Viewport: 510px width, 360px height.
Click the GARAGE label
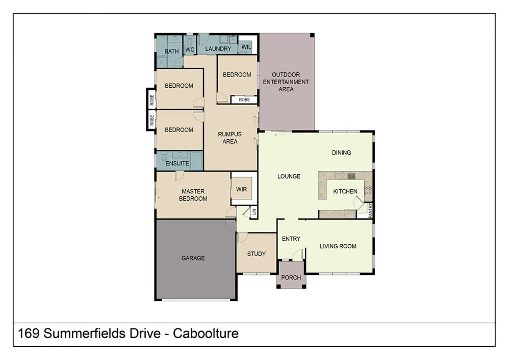(x=193, y=258)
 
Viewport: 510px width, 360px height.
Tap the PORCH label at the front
(x=291, y=278)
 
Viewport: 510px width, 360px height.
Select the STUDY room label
(x=256, y=253)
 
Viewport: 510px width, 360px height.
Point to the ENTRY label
(x=291, y=239)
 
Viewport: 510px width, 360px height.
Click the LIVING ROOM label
(x=338, y=246)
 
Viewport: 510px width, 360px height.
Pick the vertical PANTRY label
(x=371, y=211)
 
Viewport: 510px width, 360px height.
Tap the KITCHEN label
(x=345, y=191)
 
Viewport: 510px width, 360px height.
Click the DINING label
(x=341, y=152)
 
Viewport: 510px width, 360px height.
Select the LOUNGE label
(x=289, y=176)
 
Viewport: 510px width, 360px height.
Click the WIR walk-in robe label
(x=241, y=189)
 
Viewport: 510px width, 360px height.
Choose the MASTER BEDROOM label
(x=193, y=195)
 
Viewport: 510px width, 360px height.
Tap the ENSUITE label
(x=177, y=164)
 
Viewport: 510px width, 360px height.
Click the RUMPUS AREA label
(x=229, y=138)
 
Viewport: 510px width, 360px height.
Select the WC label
(x=189, y=49)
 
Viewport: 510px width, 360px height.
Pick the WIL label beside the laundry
(x=246, y=46)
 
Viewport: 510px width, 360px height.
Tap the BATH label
(x=171, y=51)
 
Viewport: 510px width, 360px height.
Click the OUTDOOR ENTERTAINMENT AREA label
(x=286, y=82)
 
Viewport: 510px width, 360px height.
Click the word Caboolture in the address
(x=206, y=334)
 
